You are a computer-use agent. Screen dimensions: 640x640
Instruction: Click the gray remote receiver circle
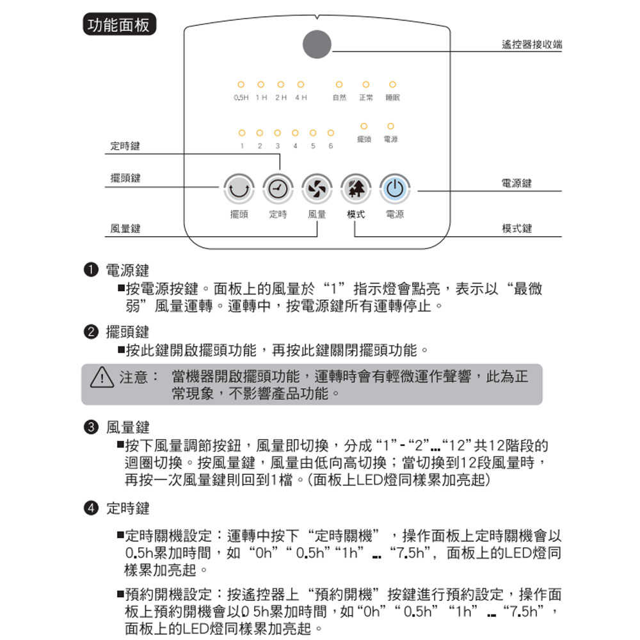317,45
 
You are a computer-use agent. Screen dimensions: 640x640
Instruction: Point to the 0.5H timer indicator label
241,98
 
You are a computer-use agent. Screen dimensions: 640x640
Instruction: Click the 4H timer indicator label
300,98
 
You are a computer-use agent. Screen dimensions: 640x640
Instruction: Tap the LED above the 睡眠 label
392,84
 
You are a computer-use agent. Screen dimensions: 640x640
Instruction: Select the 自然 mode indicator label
339,98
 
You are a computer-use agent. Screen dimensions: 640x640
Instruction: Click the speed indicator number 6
331,146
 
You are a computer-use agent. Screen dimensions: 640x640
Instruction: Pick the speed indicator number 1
242,146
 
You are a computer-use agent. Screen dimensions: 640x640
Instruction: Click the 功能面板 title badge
116,26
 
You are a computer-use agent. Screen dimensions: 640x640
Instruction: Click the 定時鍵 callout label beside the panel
125,147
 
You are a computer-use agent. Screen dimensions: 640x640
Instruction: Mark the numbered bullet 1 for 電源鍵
92,269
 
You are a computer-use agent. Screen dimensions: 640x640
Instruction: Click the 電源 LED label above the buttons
390,139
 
